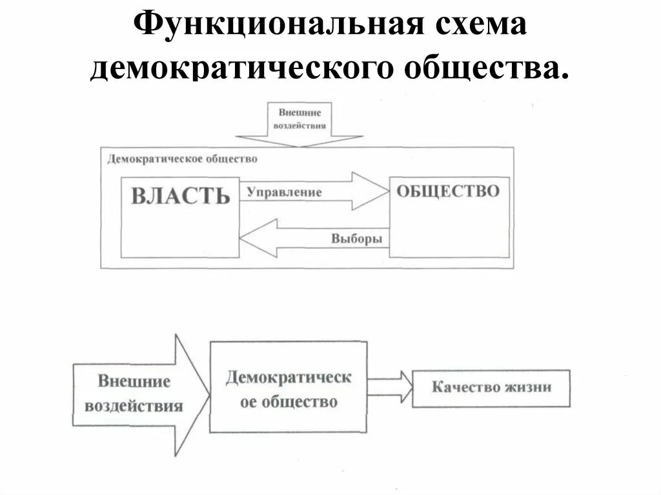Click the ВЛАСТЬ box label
pos(180,196)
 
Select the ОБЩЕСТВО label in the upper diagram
pos(447,191)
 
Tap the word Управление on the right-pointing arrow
pos(284,192)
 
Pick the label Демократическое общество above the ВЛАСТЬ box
pos(182,159)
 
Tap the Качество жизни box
pos(491,388)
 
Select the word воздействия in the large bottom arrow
pos(133,407)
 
